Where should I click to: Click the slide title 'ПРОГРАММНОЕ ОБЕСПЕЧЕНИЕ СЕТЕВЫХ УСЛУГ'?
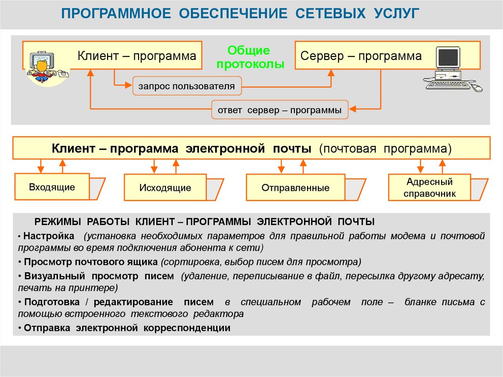pos(240,14)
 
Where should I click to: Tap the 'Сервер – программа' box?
pos(361,56)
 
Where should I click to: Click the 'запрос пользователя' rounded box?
pos(187,87)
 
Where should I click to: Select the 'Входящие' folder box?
pos(52,187)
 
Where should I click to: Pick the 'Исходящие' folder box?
pos(165,188)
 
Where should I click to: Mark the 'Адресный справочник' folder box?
pos(429,188)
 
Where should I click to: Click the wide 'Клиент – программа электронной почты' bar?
pos(251,148)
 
